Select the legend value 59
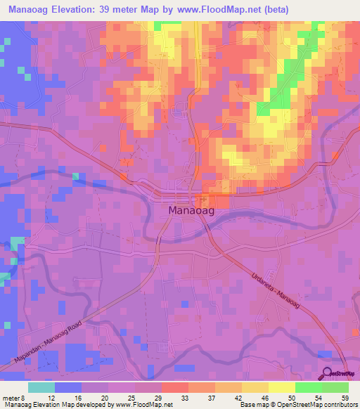point(345,397)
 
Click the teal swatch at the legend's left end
point(41,387)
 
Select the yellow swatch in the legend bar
point(281,387)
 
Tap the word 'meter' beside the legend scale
point(13,397)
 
